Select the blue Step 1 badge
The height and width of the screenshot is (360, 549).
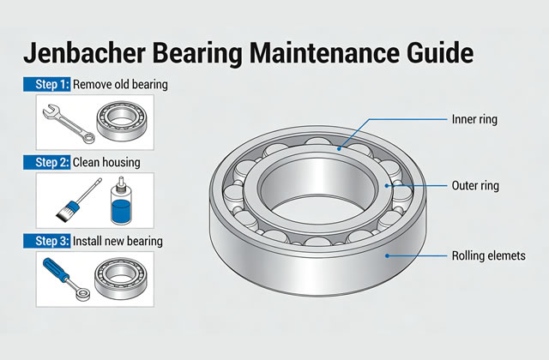point(45,85)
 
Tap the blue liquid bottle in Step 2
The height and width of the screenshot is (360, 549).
point(122,202)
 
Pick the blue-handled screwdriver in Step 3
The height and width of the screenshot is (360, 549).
point(63,277)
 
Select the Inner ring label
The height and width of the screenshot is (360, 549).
point(473,118)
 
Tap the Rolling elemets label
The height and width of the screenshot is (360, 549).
point(486,255)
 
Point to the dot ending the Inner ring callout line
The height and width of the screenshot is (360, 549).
point(340,148)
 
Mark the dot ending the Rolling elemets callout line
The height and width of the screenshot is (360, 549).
point(387,255)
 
